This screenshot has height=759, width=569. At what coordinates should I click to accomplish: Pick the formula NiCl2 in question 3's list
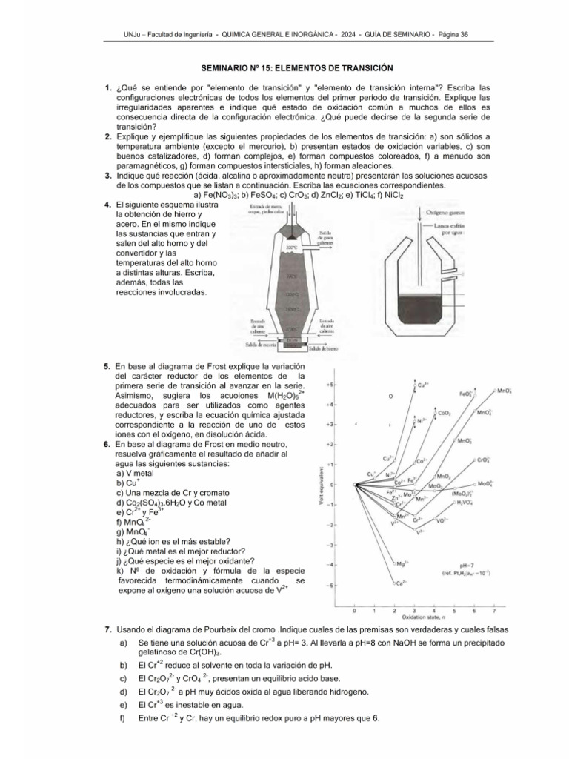(401, 195)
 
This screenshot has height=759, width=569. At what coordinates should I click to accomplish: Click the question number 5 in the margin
(107, 366)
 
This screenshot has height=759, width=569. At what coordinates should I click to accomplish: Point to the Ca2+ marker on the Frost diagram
(399, 583)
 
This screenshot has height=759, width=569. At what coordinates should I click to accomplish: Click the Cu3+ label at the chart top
(423, 384)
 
